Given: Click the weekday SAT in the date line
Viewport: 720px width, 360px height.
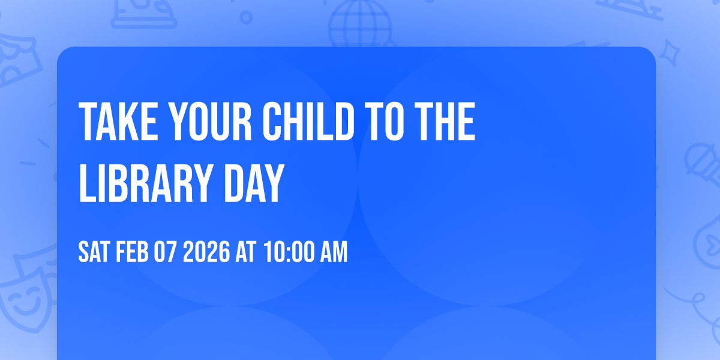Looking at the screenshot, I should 93,253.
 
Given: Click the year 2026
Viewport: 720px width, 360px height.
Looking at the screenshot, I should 206,253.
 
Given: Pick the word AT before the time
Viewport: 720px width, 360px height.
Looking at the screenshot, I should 245,253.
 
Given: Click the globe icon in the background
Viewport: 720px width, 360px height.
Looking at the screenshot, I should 359,24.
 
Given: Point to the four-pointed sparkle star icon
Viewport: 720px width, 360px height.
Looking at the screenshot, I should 674,52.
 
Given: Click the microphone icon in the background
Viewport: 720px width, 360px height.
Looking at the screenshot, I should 699,162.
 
